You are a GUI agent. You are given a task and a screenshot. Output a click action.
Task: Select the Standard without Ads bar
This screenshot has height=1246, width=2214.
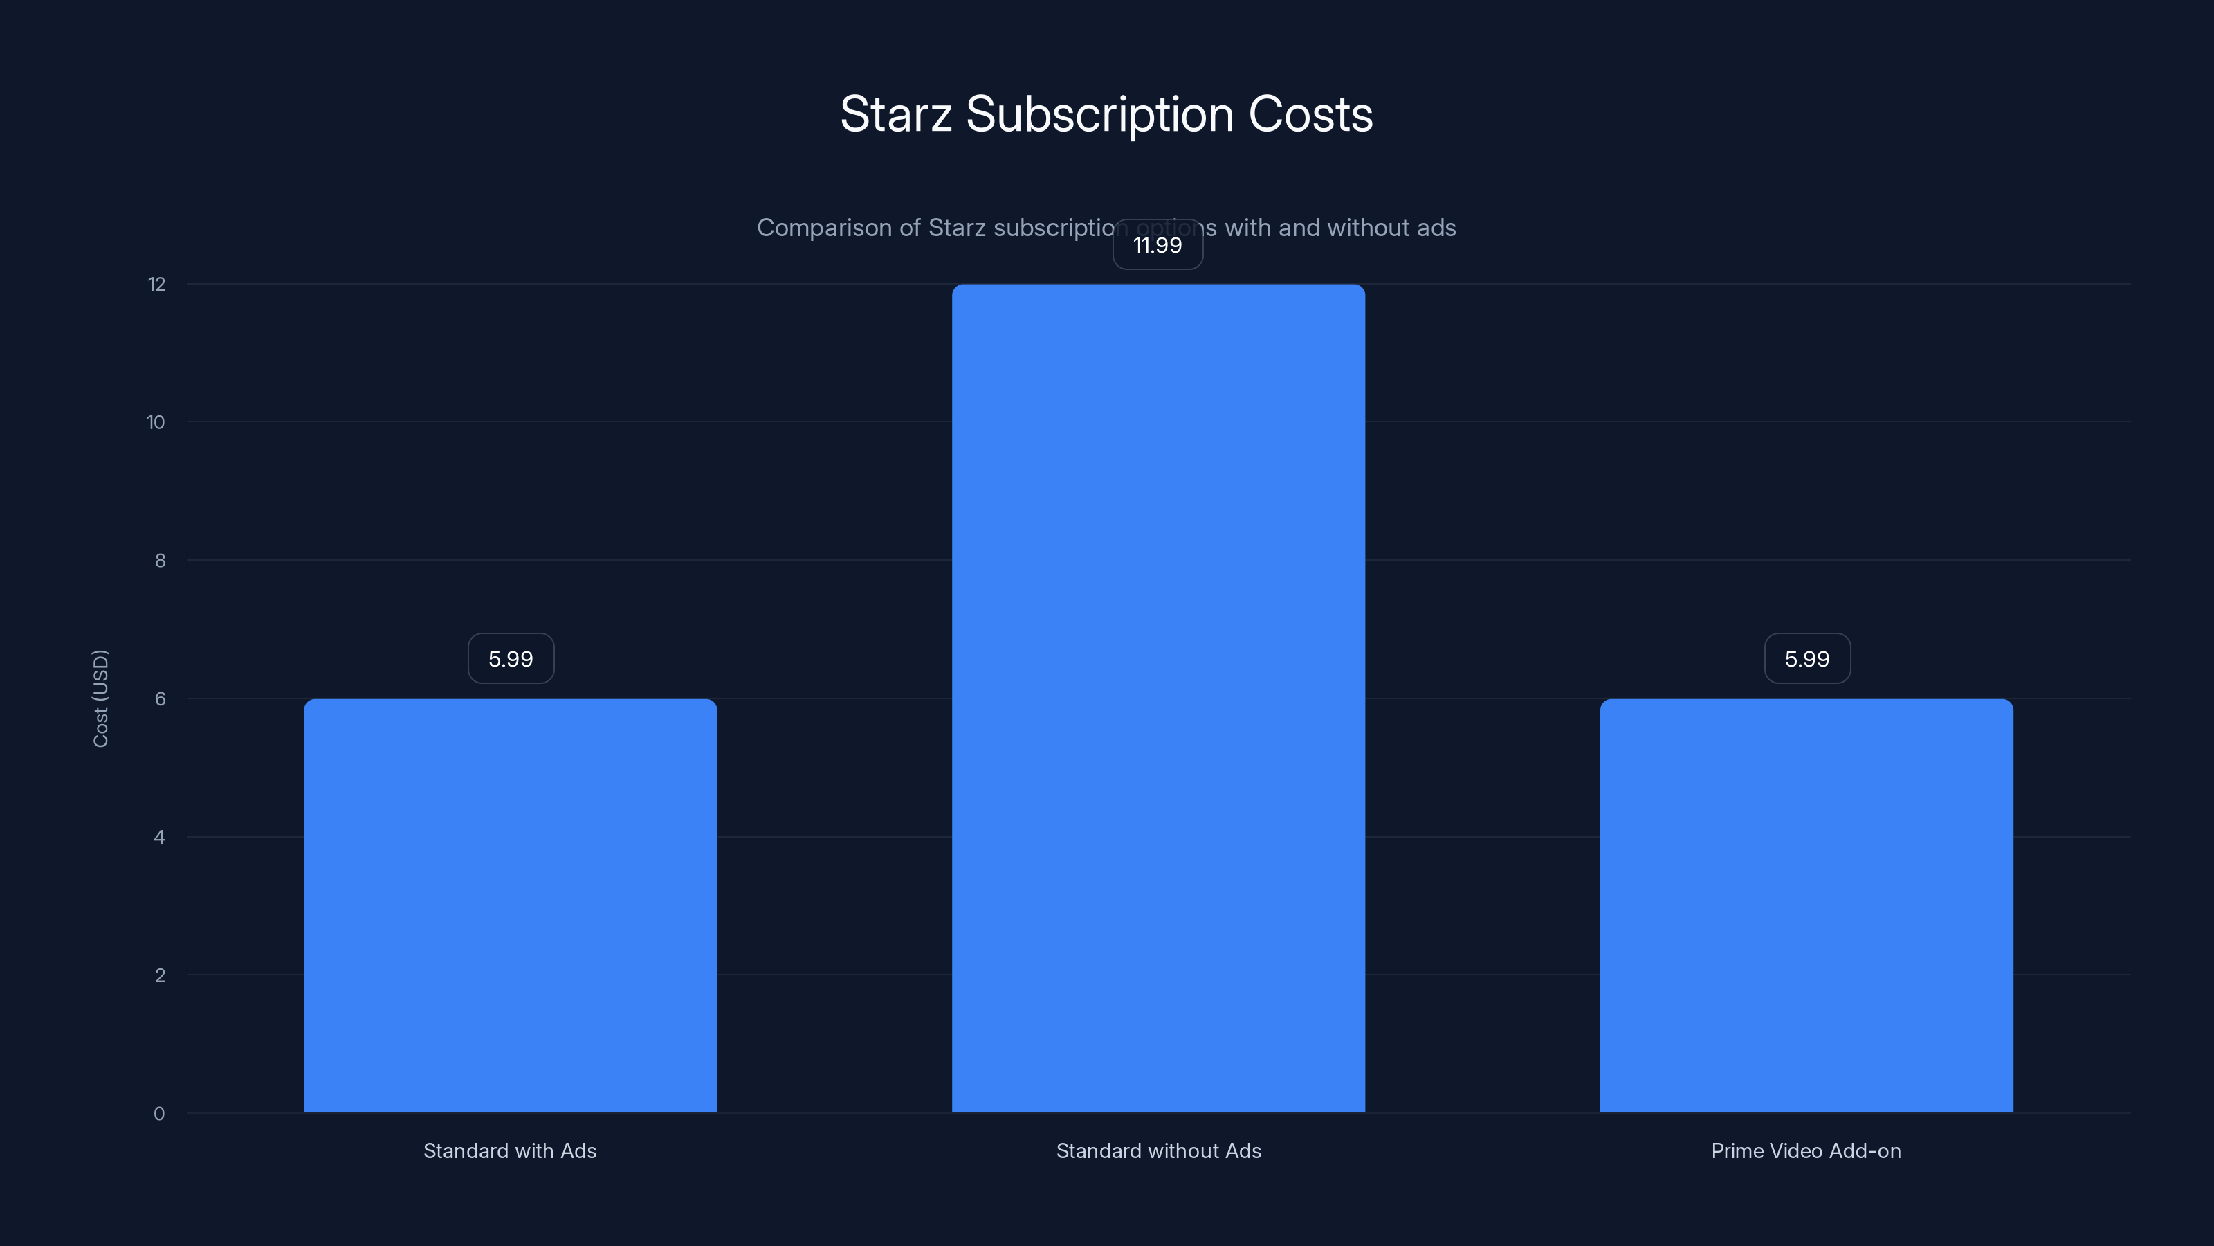1158,698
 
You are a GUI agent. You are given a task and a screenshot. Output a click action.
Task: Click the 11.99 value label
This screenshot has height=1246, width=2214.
1158,245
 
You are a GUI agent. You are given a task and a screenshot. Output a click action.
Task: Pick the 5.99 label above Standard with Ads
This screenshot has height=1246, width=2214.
511,659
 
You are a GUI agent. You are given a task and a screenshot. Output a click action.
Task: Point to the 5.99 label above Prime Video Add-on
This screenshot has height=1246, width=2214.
1806,659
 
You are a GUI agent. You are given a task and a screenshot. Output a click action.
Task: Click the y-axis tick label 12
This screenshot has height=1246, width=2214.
156,285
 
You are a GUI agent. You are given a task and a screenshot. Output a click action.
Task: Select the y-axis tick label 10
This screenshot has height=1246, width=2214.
156,422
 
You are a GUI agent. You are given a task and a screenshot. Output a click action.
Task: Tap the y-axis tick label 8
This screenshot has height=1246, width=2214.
160,561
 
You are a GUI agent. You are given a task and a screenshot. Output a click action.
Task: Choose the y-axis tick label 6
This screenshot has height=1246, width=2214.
160,699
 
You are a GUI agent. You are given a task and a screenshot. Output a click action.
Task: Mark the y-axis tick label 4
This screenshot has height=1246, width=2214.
159,838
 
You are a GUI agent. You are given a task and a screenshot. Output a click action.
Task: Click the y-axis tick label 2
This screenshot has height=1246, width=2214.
160,976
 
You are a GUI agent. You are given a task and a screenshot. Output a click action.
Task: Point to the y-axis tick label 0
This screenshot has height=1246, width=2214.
159,1114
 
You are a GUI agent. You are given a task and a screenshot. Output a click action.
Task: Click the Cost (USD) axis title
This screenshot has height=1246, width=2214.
100,698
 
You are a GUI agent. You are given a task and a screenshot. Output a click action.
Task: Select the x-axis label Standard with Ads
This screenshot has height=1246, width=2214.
510,1150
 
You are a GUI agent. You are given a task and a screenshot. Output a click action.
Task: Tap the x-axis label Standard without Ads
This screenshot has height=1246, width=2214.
1158,1150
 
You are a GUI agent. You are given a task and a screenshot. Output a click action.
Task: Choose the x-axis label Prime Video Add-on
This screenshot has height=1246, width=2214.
1806,1150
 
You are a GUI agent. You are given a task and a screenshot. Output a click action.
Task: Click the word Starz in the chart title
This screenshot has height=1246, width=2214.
895,114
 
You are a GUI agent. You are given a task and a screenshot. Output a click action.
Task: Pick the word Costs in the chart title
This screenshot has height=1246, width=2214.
1310,114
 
